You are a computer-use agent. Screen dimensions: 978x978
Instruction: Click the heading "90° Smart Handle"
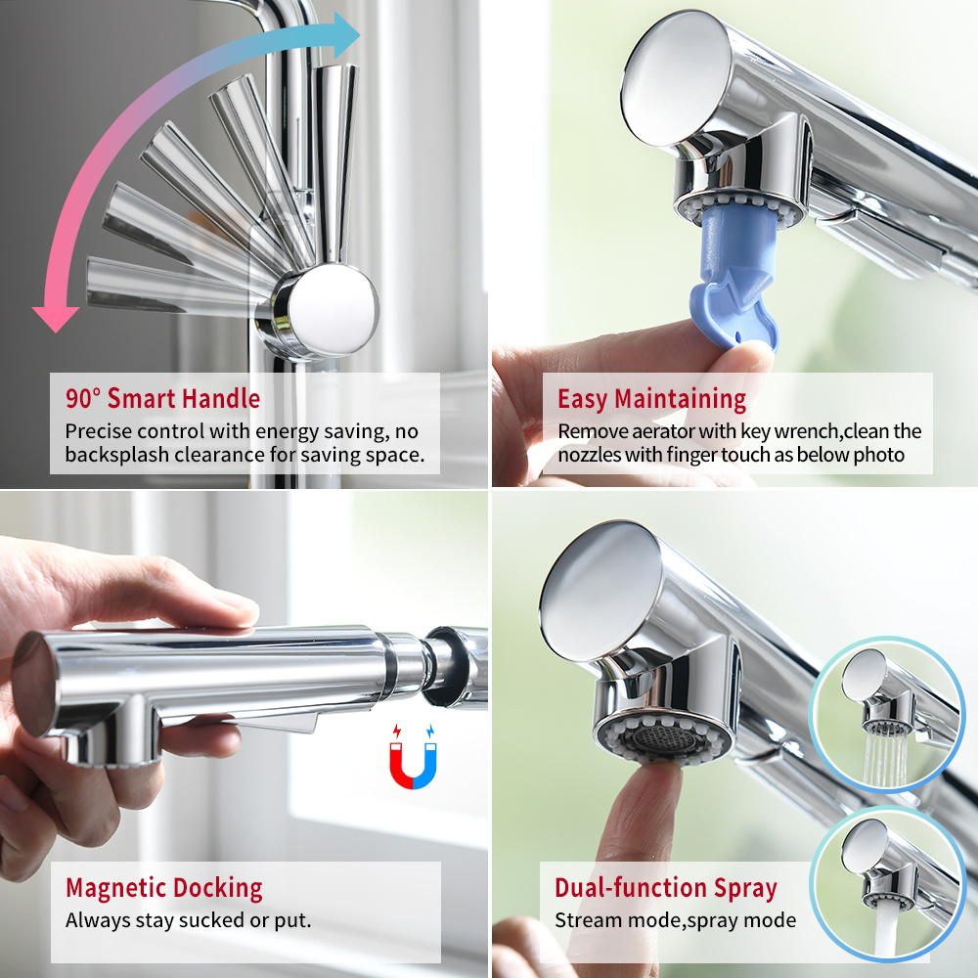tap(162, 399)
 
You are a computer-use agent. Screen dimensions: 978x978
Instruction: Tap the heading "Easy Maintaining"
tap(651, 399)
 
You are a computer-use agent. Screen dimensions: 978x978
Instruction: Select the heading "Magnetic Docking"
tap(163, 888)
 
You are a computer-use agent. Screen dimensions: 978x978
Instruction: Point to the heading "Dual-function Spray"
tap(665, 888)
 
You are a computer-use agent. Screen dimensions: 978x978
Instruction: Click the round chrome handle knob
tap(330, 310)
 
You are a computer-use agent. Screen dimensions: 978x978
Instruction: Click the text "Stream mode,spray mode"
tap(675, 920)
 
